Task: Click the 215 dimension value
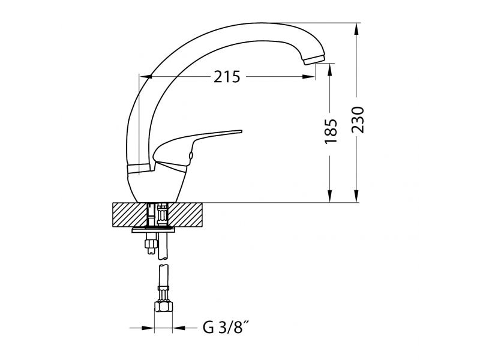pos(227,77)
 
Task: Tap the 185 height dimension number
pos(331,131)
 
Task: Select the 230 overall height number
pos(358,119)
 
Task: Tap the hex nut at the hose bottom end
pos(163,307)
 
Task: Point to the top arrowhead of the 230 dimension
pos(356,29)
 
